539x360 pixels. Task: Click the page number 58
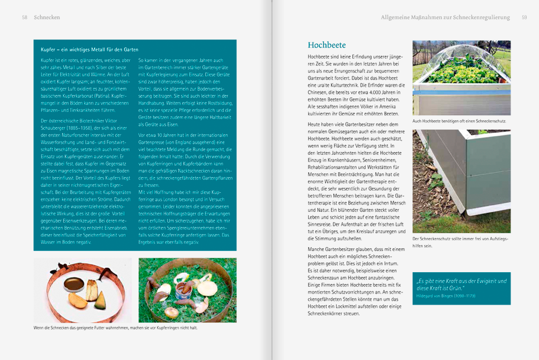click(25, 17)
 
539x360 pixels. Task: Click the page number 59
click(524, 17)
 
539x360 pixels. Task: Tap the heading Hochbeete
click(327, 45)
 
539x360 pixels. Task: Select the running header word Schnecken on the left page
click(47, 17)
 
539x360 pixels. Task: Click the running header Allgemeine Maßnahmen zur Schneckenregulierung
click(445, 17)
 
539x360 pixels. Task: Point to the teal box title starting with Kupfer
click(89, 50)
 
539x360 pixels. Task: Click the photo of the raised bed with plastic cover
click(461, 78)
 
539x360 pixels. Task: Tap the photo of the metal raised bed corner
click(461, 181)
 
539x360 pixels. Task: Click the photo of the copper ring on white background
click(83, 290)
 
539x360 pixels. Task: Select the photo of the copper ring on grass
click(187, 290)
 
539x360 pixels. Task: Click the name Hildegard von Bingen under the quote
click(446, 295)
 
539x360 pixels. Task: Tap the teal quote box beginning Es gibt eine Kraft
click(461, 287)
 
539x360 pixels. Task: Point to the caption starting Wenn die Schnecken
click(115, 328)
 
